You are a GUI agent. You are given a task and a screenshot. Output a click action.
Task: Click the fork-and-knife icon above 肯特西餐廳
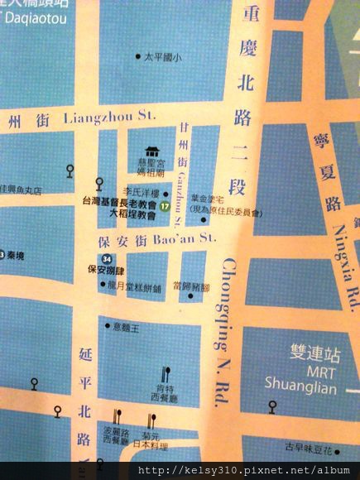[x=166, y=373]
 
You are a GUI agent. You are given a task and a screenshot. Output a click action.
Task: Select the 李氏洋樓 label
[x=139, y=190]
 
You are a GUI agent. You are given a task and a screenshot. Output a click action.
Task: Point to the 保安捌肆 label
[x=105, y=270]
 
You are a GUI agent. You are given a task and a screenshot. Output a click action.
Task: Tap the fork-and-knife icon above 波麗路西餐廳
[x=117, y=418]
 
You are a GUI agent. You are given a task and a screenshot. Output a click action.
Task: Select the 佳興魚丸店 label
[x=33, y=190]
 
